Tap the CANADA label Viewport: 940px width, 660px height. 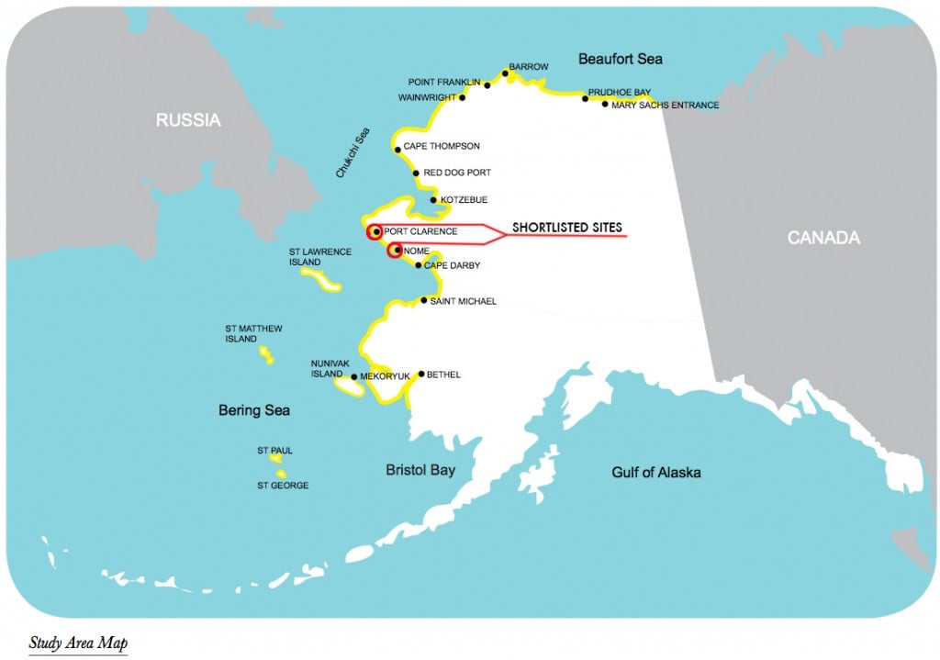(823, 238)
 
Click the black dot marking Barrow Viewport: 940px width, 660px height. (506, 73)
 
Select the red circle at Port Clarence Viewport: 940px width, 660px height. (375, 232)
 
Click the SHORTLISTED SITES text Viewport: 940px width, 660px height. (566, 227)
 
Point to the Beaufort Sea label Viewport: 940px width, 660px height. (620, 59)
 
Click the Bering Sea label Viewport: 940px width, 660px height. (253, 410)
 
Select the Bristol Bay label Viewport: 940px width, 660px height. (420, 470)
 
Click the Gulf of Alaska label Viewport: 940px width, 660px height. (655, 472)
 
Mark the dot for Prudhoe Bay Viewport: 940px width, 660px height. (585, 97)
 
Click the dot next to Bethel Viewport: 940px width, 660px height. (420, 374)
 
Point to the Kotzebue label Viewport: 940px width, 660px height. (464, 199)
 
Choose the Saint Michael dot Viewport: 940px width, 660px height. (423, 300)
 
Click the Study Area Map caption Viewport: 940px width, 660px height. (78, 642)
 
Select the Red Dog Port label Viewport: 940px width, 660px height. (457, 173)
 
